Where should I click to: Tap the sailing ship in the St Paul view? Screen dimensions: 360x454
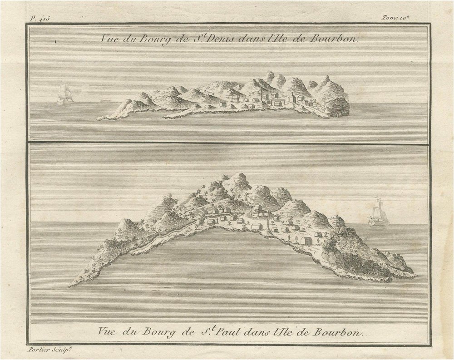click(x=378, y=212)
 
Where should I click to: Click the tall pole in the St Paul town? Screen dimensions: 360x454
click(x=269, y=220)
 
